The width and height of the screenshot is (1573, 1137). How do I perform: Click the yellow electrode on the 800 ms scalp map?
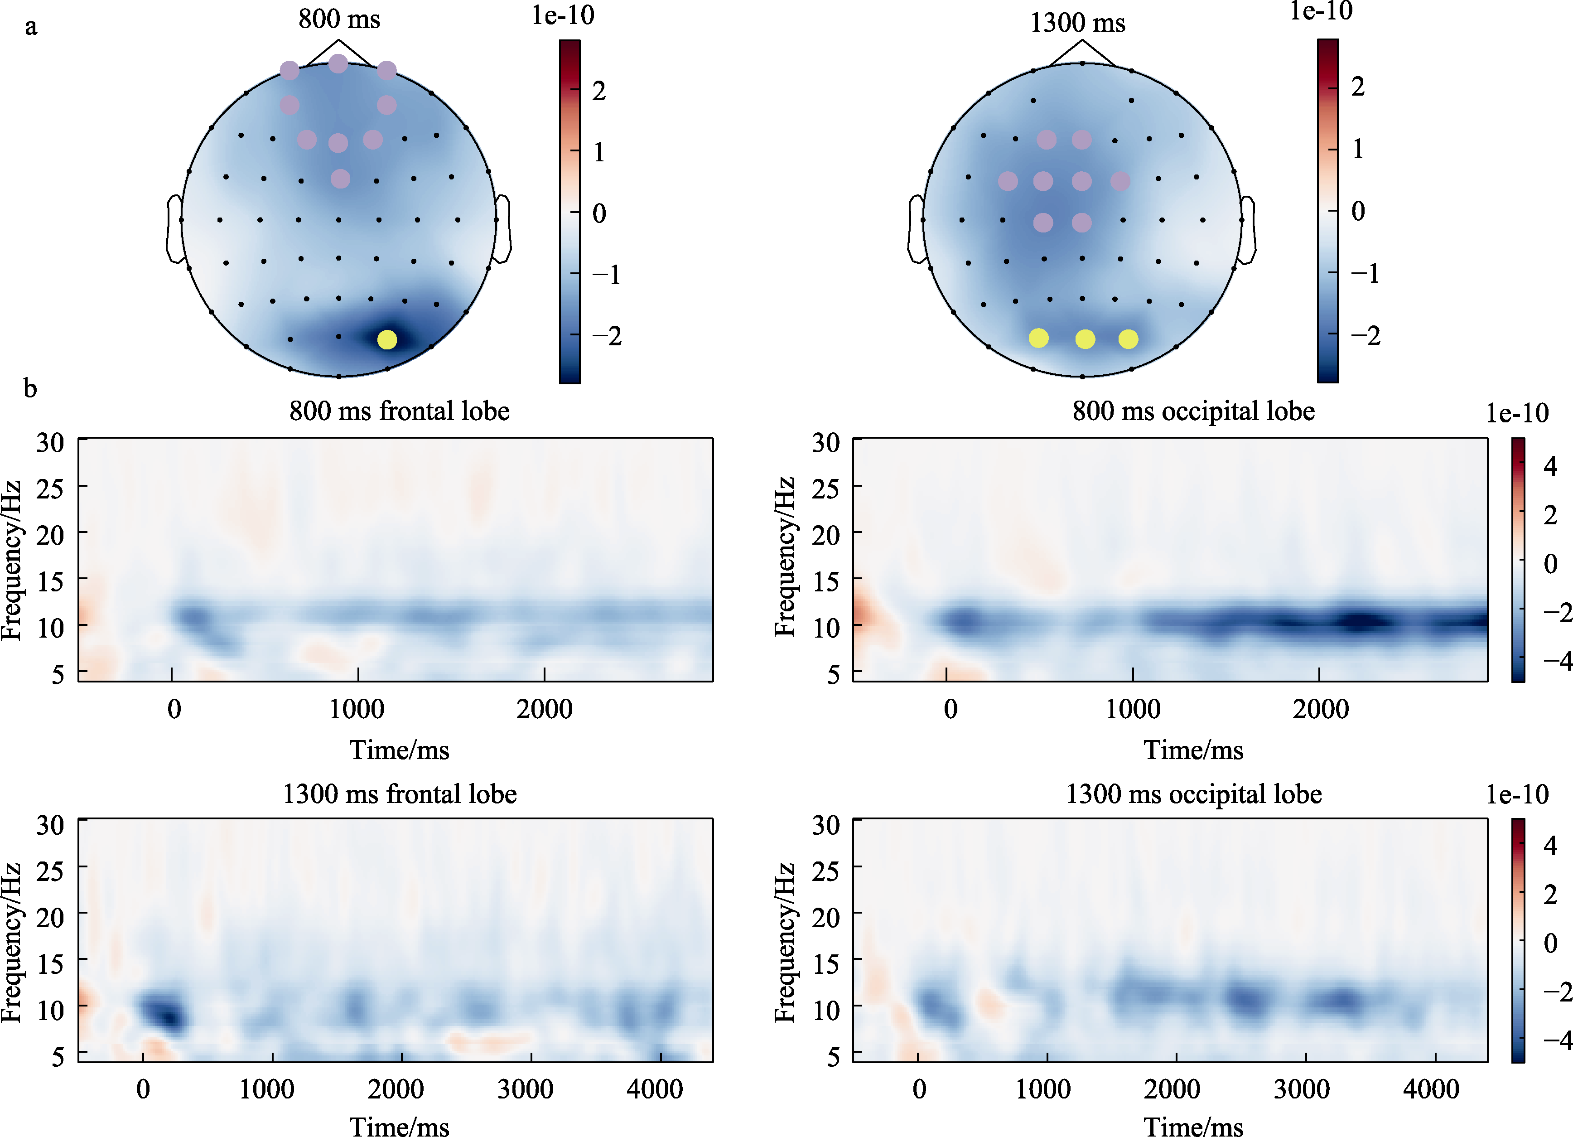coord(387,339)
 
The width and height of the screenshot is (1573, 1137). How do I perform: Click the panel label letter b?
coord(30,388)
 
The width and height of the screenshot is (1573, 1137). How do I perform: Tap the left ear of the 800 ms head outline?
coord(174,229)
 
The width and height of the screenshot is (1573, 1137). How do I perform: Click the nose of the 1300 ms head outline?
coord(1082,48)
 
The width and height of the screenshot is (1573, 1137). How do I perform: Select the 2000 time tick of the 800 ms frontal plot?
coord(545,709)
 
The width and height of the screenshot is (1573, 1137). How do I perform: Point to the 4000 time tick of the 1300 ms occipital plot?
coord(1431,1089)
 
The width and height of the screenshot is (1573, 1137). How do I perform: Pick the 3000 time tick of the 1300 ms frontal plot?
coord(526,1089)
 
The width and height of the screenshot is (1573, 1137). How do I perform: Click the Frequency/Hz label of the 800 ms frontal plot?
coord(12,559)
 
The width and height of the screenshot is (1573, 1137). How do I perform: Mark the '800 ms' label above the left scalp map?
coord(339,19)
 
